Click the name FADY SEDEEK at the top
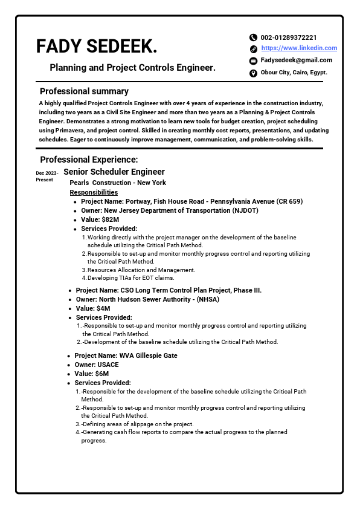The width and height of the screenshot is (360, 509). [97, 46]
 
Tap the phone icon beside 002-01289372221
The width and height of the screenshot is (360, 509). [253, 37]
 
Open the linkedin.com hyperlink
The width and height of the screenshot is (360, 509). [299, 48]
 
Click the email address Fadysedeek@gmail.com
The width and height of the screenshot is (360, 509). [296, 60]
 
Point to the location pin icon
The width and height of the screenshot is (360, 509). [253, 73]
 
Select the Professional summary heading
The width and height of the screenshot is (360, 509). [84, 91]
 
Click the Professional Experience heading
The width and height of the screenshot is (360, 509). [89, 160]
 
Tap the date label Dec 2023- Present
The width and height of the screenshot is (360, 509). [47, 177]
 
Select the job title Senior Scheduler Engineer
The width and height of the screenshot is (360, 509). [114, 172]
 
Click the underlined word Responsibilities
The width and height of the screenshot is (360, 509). [94, 192]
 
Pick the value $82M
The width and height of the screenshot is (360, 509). [100, 219]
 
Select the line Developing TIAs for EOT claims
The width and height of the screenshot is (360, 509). [130, 278]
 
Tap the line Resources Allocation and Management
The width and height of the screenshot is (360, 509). [141, 270]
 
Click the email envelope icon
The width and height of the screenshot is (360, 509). [253, 61]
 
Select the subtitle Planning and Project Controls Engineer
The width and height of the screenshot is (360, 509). [132, 68]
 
